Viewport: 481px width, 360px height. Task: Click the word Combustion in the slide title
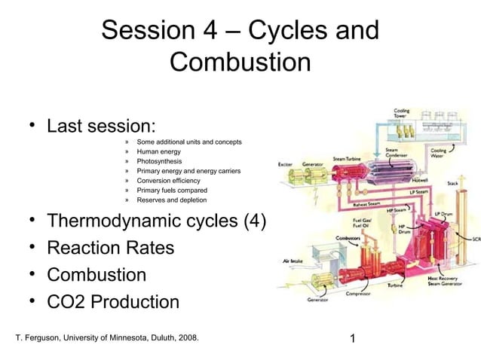click(240, 62)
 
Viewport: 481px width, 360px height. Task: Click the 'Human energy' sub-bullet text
click(158, 151)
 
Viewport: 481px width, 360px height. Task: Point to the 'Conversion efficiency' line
click(168, 181)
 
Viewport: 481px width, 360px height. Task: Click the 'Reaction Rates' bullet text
click(110, 247)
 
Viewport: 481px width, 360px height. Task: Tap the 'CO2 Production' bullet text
click(113, 302)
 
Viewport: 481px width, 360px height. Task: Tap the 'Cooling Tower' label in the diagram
click(402, 113)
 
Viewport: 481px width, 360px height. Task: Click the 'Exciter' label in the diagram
click(285, 163)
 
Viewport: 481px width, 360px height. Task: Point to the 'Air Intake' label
click(292, 261)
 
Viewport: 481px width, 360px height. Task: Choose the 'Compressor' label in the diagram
click(357, 294)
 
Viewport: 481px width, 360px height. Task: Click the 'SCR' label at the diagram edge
click(475, 240)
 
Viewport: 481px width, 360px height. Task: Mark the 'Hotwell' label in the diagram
click(421, 181)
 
